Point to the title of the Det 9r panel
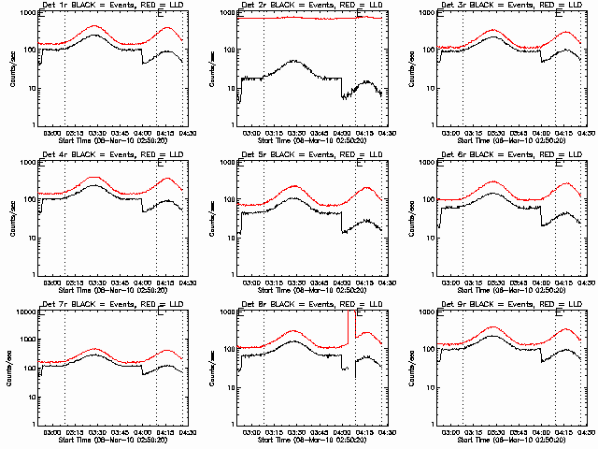point(510,305)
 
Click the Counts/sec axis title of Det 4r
point(12,218)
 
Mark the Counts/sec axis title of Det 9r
point(412,368)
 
